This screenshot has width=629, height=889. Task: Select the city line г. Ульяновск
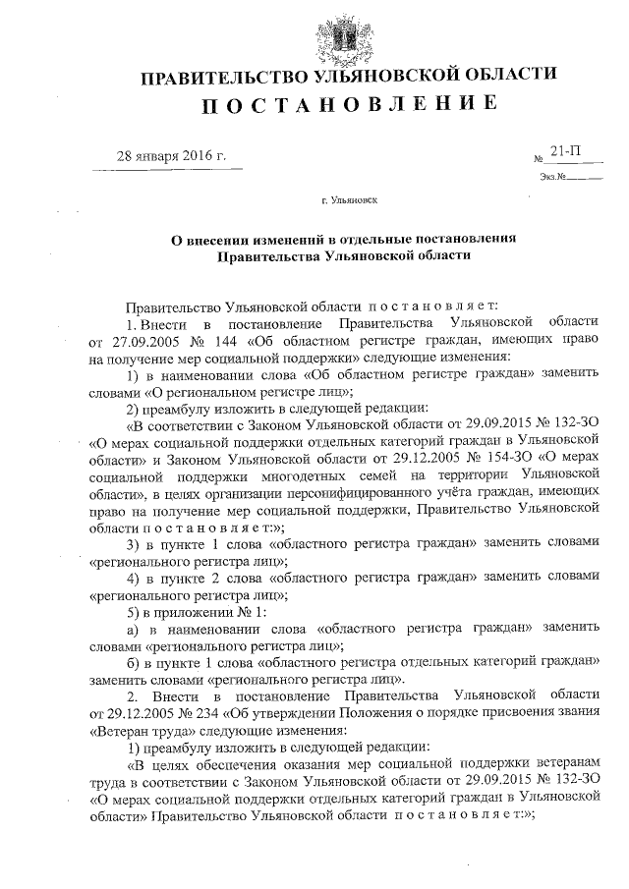pyautogui.click(x=349, y=200)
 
